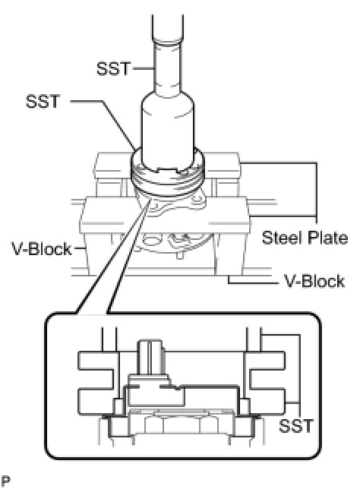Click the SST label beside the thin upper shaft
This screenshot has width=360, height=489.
point(113,68)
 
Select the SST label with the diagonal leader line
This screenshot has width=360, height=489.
point(43,101)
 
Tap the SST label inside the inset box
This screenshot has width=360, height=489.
point(295,426)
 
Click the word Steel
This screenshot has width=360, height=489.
point(283,238)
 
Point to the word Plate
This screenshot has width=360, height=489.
point(327,238)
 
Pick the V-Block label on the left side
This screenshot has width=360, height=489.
point(42,249)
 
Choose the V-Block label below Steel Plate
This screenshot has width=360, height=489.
point(314,281)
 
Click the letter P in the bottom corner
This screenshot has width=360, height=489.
point(5,481)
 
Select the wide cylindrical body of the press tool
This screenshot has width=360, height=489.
point(168,131)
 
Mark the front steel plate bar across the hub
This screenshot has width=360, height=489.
point(165,215)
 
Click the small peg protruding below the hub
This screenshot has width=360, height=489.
point(178,256)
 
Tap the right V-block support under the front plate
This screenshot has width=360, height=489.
point(229,254)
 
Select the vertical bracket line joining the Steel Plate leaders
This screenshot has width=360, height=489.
point(316,189)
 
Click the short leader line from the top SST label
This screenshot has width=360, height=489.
point(144,68)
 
